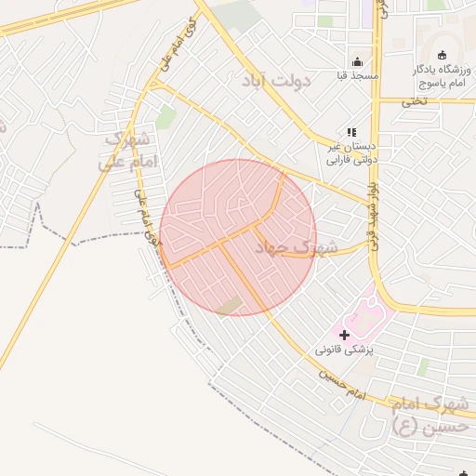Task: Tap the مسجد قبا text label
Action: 356,75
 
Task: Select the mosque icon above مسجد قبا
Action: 356,61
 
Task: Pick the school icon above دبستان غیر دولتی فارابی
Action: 351,132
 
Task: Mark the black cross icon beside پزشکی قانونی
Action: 344,334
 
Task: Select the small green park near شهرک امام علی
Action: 165,117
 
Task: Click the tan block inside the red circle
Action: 229,306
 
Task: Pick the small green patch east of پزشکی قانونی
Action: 423,366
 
